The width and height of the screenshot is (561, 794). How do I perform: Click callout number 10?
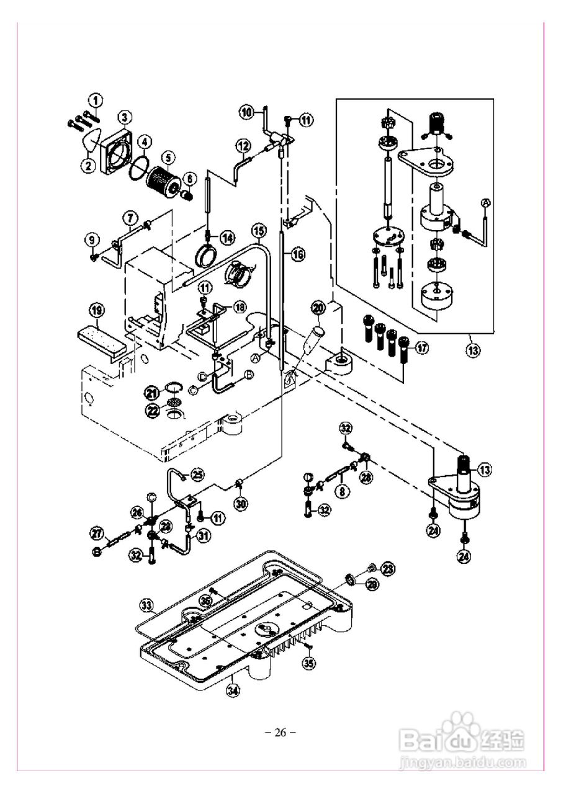click(x=247, y=112)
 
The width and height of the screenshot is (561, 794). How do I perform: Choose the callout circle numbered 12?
click(x=243, y=146)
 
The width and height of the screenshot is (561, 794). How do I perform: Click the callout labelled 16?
click(x=298, y=254)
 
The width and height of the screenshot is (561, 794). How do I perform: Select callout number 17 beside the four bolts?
click(x=421, y=348)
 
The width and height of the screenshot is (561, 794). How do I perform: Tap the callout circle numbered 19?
click(x=96, y=310)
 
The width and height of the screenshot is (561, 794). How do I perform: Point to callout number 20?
click(x=318, y=307)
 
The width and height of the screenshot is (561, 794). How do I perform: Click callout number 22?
click(x=152, y=409)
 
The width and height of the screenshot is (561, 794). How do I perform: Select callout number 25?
click(x=197, y=475)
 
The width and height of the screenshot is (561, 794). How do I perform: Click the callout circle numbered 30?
click(x=241, y=504)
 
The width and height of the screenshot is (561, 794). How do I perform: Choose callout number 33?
click(x=146, y=604)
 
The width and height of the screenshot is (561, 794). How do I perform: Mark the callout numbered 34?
click(x=232, y=689)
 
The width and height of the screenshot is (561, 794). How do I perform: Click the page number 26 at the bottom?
click(x=280, y=733)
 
